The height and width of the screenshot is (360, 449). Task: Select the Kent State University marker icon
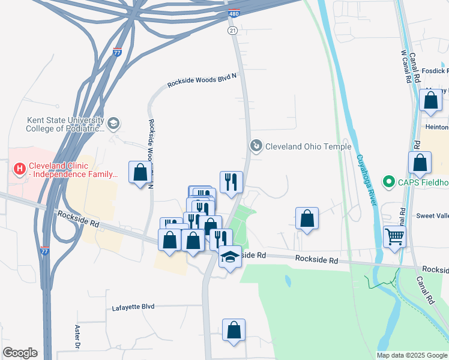pyautogui.click(x=113, y=124)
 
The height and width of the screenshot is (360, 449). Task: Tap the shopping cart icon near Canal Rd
pyautogui.click(x=394, y=236)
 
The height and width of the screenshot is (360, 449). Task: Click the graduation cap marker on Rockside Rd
pyautogui.click(x=229, y=257)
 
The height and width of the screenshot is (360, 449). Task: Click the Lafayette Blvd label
pyautogui.click(x=133, y=307)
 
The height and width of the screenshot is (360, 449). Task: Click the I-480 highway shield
pyautogui.click(x=235, y=13)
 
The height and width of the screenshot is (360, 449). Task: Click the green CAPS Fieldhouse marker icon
pyautogui.click(x=388, y=181)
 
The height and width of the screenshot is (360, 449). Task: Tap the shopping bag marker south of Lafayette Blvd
pyautogui.click(x=234, y=330)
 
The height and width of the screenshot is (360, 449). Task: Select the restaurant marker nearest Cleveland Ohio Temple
pyautogui.click(x=231, y=181)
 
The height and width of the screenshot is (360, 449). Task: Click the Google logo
pyautogui.click(x=20, y=353)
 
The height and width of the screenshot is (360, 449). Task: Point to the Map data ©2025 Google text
pyautogui.click(x=411, y=355)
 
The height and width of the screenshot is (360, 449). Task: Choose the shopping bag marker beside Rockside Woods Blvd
pyautogui.click(x=140, y=173)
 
